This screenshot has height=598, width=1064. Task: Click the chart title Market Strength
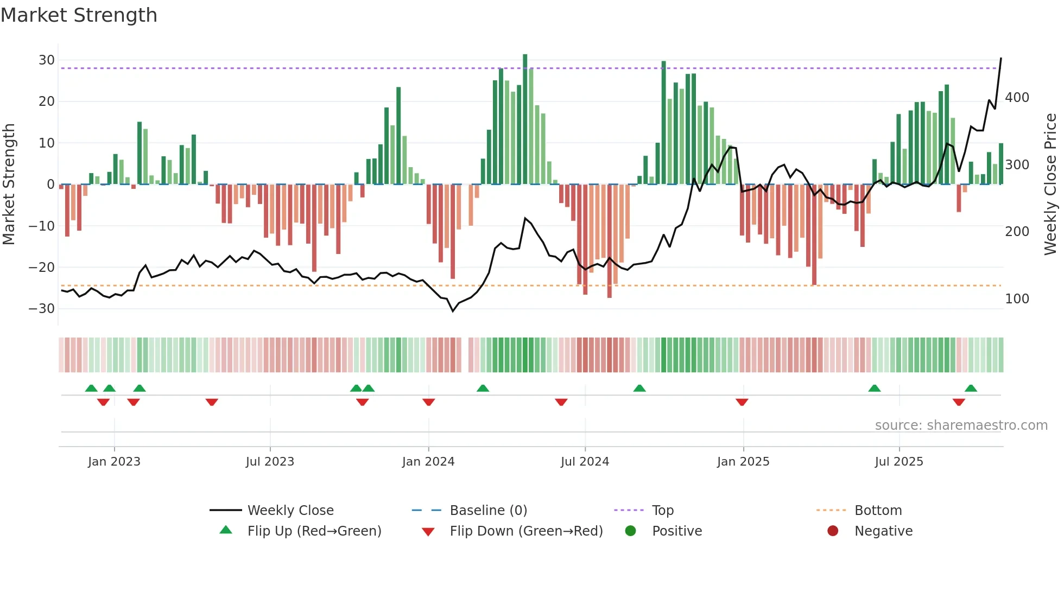[x=79, y=15]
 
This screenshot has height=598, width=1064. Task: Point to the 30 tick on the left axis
[x=47, y=60]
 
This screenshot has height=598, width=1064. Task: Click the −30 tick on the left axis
[x=42, y=309]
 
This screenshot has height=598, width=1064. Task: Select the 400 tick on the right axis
[x=1017, y=98]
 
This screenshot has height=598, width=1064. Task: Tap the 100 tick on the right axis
[x=1017, y=299]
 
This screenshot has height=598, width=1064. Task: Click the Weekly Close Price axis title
[x=1050, y=184]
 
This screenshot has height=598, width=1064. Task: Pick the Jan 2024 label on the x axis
[x=428, y=462]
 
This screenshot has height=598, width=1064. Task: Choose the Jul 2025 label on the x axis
[x=899, y=462]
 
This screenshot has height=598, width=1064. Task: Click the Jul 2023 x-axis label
[x=270, y=462]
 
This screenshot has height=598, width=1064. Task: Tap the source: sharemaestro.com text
[x=961, y=425]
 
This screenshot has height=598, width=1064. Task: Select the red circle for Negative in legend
[x=833, y=531]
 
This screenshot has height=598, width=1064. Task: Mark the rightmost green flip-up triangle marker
[x=971, y=389]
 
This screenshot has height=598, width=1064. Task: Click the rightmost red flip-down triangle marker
[x=959, y=402]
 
